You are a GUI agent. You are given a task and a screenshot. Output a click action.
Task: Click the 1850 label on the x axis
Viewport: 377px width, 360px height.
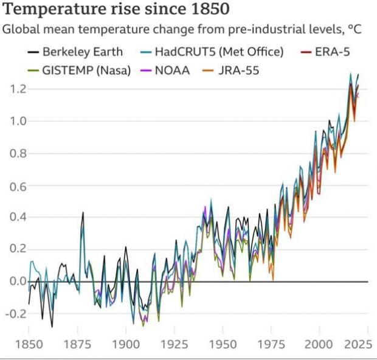[x=29, y=345]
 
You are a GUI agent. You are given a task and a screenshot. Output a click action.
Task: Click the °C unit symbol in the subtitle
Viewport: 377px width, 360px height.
[x=354, y=29]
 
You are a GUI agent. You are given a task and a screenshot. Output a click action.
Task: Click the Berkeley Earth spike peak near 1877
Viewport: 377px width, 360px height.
[x=83, y=212]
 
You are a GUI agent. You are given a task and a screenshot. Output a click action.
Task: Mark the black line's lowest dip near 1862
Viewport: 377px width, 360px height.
[x=52, y=327]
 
